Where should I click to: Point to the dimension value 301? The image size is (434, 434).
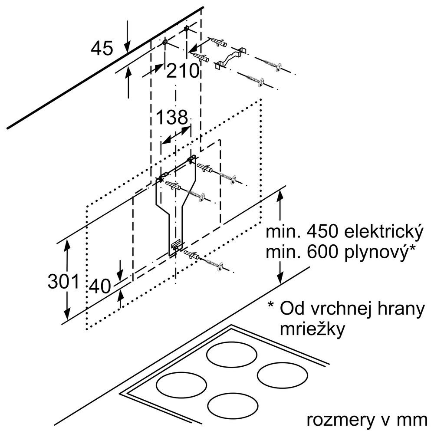coord(64,282)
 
